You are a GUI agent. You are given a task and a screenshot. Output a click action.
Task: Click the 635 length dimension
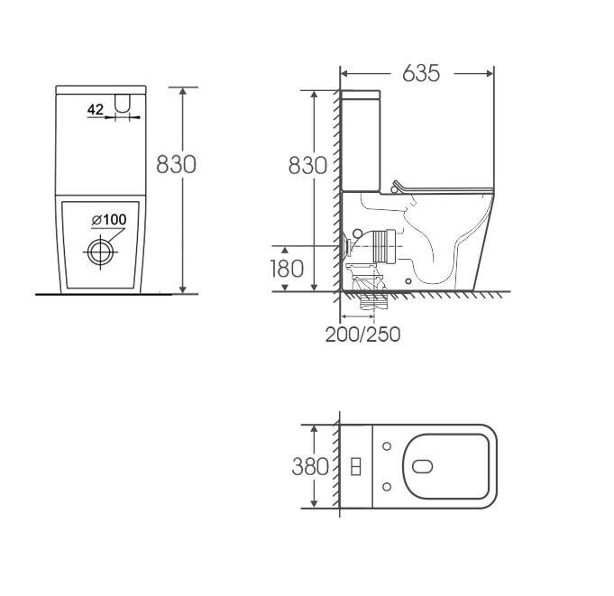[421, 73]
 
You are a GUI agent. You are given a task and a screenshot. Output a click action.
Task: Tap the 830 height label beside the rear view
[176, 164]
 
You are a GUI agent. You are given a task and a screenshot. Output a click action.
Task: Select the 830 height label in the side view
[307, 165]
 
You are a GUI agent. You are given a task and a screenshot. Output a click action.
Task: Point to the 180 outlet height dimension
[287, 269]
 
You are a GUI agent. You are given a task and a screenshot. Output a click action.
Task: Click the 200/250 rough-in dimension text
[363, 335]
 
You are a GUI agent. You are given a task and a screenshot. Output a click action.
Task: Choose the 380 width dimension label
[310, 467]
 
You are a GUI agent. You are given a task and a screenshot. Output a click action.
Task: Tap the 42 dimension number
[96, 110]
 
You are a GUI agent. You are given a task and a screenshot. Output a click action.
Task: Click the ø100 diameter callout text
[109, 220]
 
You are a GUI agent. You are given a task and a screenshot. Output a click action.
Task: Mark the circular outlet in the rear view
[101, 252]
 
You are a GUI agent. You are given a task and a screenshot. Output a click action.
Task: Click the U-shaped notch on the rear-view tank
[123, 104]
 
